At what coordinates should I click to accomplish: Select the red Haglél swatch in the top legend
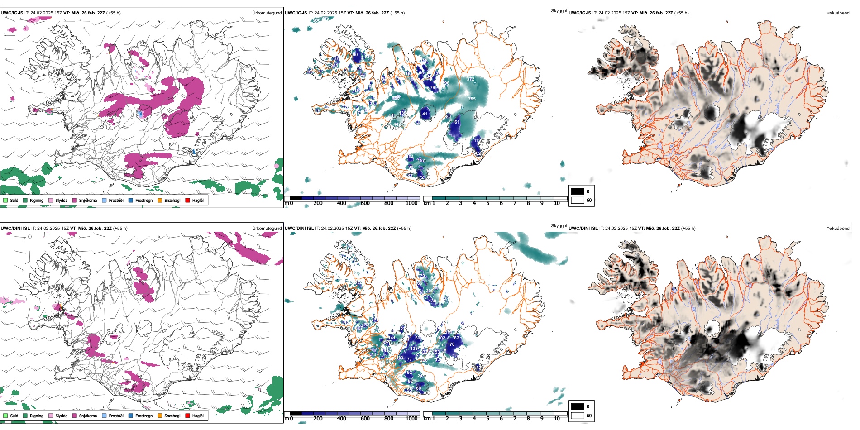[187, 200]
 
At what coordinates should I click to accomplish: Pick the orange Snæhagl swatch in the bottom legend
[160, 416]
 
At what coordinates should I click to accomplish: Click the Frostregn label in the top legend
[143, 200]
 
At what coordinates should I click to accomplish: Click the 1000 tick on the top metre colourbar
[411, 203]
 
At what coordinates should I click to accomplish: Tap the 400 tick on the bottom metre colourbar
[342, 419]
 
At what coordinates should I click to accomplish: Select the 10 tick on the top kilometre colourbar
[557, 203]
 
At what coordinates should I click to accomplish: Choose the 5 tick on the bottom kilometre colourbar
[488, 419]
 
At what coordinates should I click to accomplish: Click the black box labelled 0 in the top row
[578, 191]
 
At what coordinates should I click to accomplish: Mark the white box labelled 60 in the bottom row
[578, 416]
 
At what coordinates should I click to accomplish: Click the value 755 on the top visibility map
[472, 99]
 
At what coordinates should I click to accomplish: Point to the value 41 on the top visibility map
[425, 114]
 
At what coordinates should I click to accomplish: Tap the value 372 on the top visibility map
[471, 79]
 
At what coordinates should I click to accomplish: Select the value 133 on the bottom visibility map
[414, 349]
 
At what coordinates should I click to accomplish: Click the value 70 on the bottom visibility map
[452, 344]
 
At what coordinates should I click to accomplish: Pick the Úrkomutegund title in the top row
[267, 13]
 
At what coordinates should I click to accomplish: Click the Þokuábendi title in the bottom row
[838, 228]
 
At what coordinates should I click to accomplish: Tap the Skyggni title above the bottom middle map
[559, 225]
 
